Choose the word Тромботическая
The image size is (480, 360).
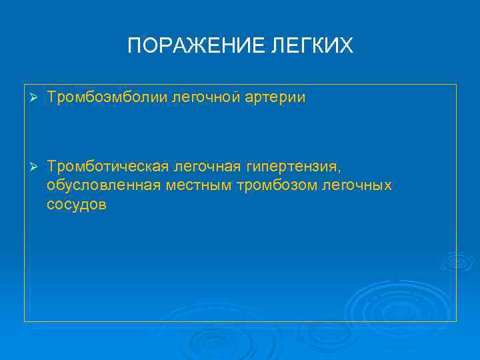109,165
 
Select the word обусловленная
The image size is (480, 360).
103,185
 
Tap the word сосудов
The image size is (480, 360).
76,205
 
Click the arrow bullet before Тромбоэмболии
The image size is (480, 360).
31,98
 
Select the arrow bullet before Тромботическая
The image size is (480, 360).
31,165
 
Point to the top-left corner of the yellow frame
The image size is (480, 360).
25,85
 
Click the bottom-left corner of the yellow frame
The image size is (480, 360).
25,321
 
